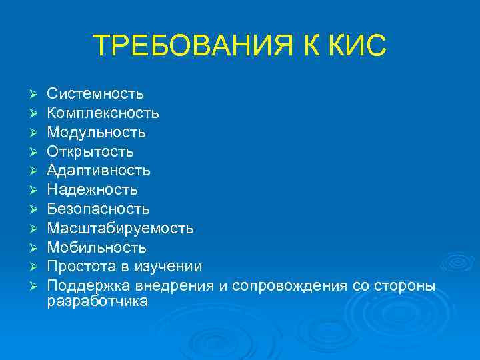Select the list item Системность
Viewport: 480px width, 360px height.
pos(95,95)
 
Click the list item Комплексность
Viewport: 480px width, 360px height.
pos(103,113)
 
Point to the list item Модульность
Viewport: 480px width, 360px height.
pos(96,133)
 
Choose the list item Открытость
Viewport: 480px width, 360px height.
pos(90,152)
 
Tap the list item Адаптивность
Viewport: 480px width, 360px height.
pos(99,171)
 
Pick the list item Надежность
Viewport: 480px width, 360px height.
pos(92,191)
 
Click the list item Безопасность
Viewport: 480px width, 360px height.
pos(98,209)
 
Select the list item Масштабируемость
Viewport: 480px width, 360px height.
pos(121,229)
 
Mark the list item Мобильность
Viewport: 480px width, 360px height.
pos(97,248)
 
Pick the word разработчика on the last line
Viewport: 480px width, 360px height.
pos(97,301)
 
